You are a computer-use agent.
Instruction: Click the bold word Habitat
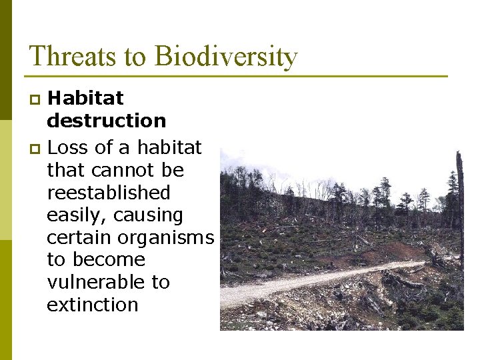[x=85, y=98]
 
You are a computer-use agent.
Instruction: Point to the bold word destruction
[x=106, y=121]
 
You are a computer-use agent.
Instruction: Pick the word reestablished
[x=109, y=193]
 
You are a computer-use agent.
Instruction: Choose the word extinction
[x=92, y=305]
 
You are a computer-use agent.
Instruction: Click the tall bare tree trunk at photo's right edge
[x=459, y=200]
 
